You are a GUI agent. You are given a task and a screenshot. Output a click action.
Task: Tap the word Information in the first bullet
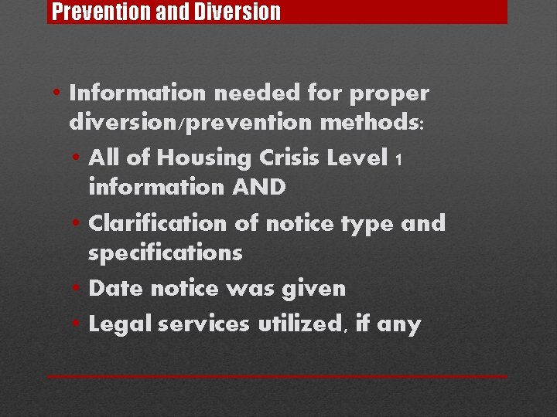point(138,93)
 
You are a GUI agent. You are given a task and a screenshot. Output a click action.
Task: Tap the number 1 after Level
point(398,160)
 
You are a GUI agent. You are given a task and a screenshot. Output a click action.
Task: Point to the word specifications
point(166,253)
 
